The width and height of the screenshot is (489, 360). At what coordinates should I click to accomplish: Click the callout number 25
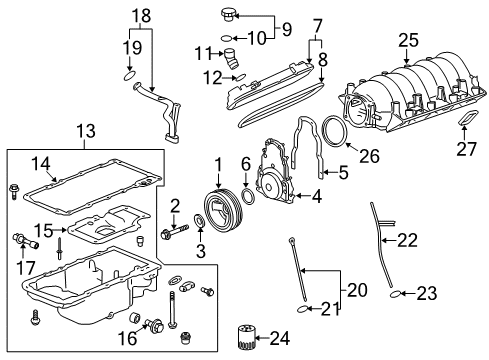pos(406,40)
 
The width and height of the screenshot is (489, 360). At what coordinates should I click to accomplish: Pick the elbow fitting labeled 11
pos(230,58)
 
